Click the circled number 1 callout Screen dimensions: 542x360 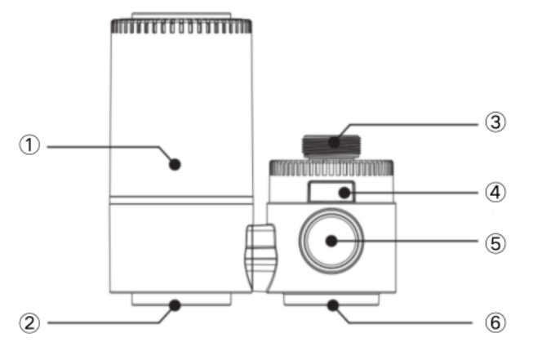[29, 145]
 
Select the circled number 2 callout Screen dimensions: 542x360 [29, 323]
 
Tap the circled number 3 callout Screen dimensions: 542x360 [495, 122]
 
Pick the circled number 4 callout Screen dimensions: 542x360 [495, 193]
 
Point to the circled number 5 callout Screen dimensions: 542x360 [495, 243]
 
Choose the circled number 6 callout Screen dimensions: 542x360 [495, 322]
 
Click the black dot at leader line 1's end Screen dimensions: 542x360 [175, 164]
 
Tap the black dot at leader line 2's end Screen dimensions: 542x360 [175, 305]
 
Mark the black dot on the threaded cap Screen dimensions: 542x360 [334, 142]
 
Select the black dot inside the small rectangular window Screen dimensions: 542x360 [344, 193]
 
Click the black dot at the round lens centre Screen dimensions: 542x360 [331, 241]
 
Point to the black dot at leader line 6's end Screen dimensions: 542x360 [333, 305]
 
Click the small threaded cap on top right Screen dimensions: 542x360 [331, 146]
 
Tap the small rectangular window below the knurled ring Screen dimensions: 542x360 [331, 192]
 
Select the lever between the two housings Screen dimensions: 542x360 [261, 258]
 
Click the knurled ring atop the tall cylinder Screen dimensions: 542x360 [181, 26]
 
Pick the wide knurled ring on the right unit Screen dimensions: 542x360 [331, 167]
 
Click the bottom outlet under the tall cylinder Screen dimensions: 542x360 [181, 300]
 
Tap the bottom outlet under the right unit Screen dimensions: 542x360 [331, 300]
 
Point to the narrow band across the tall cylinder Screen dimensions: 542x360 [181, 200]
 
